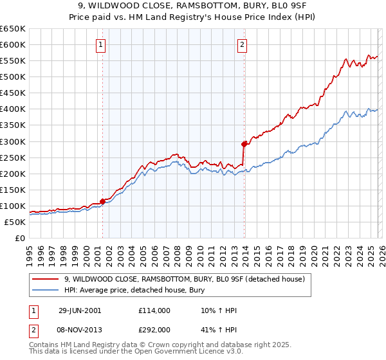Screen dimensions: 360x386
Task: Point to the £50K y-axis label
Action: point(14,222)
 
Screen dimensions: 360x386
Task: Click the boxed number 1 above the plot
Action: point(102,44)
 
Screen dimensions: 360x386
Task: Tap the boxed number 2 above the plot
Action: point(242,44)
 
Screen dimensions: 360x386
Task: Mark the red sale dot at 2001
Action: point(103,201)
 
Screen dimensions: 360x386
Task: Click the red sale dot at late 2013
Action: point(244,144)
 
